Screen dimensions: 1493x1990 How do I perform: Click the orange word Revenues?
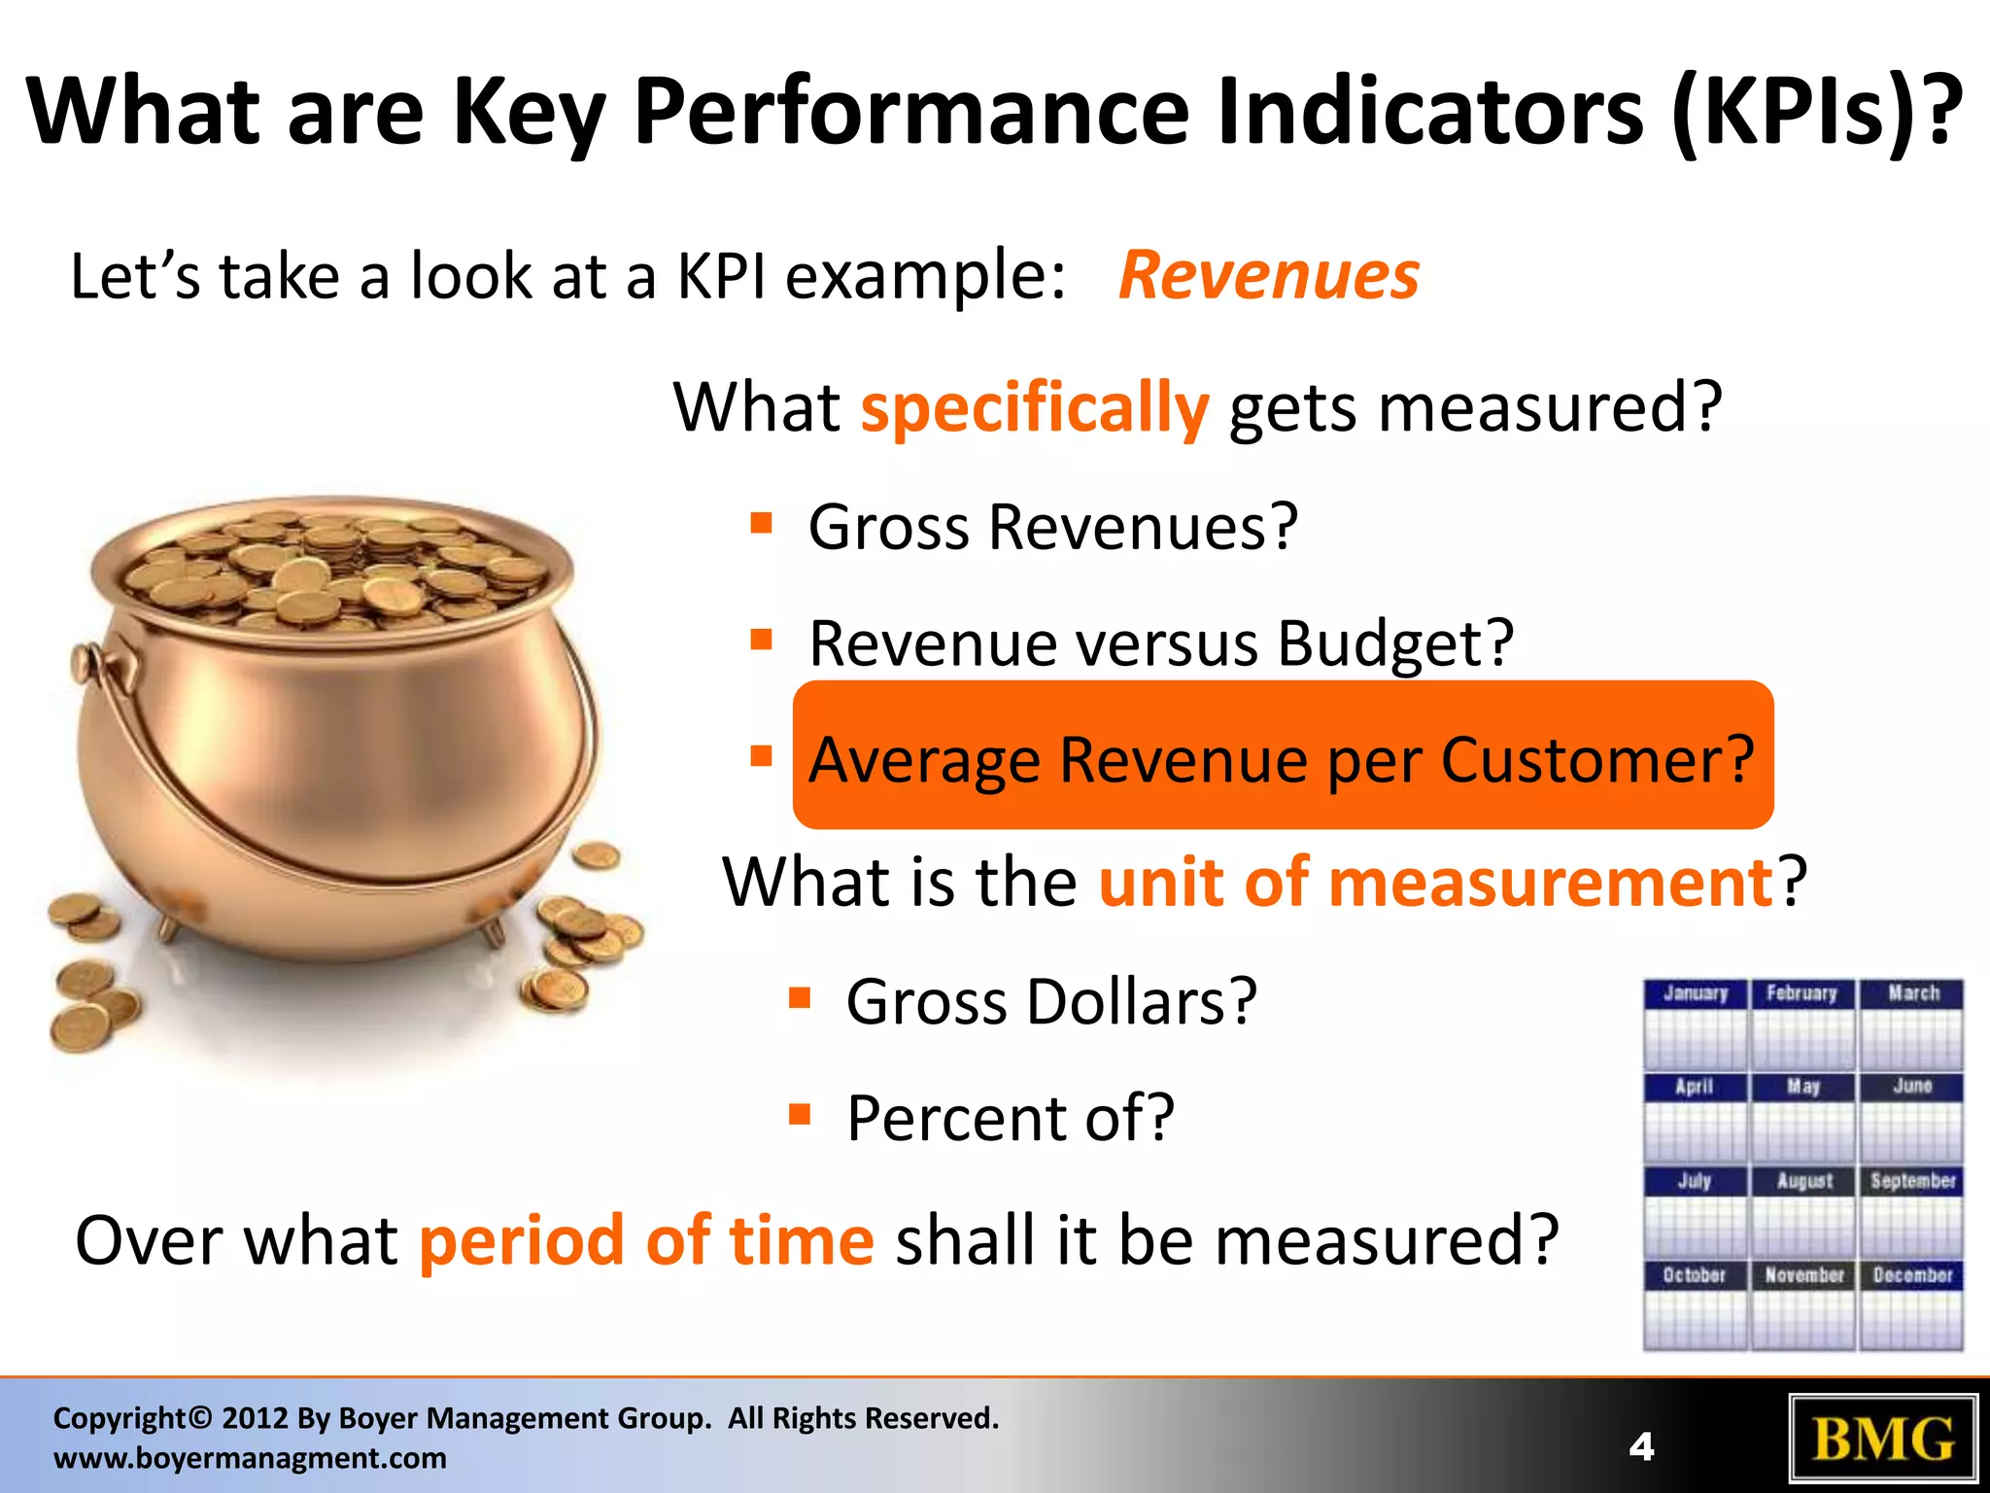click(1268, 276)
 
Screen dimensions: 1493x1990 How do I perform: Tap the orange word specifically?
click(1034, 408)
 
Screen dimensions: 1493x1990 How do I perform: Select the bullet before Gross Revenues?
click(761, 525)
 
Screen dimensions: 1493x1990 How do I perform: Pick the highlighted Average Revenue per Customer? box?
click(1283, 756)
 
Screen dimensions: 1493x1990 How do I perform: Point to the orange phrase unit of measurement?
click(1436, 883)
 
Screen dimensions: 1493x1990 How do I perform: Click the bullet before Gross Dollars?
click(799, 998)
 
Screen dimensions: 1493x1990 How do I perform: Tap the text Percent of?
click(1011, 1118)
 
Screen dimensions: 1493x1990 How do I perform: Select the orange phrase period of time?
click(646, 1241)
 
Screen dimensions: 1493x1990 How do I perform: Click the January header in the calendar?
click(1695, 993)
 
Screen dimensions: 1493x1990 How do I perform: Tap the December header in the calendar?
click(1911, 1275)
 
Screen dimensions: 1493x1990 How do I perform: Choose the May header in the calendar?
click(1802, 1087)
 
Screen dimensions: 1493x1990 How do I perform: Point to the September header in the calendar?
click(1911, 1181)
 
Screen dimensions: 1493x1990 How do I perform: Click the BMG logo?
click(1883, 1440)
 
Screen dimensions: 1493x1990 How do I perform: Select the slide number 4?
click(1641, 1447)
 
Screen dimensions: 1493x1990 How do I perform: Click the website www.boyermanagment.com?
click(250, 1459)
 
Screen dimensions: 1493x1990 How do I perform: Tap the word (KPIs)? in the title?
click(1815, 112)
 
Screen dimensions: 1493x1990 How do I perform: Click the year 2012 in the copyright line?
click(255, 1419)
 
